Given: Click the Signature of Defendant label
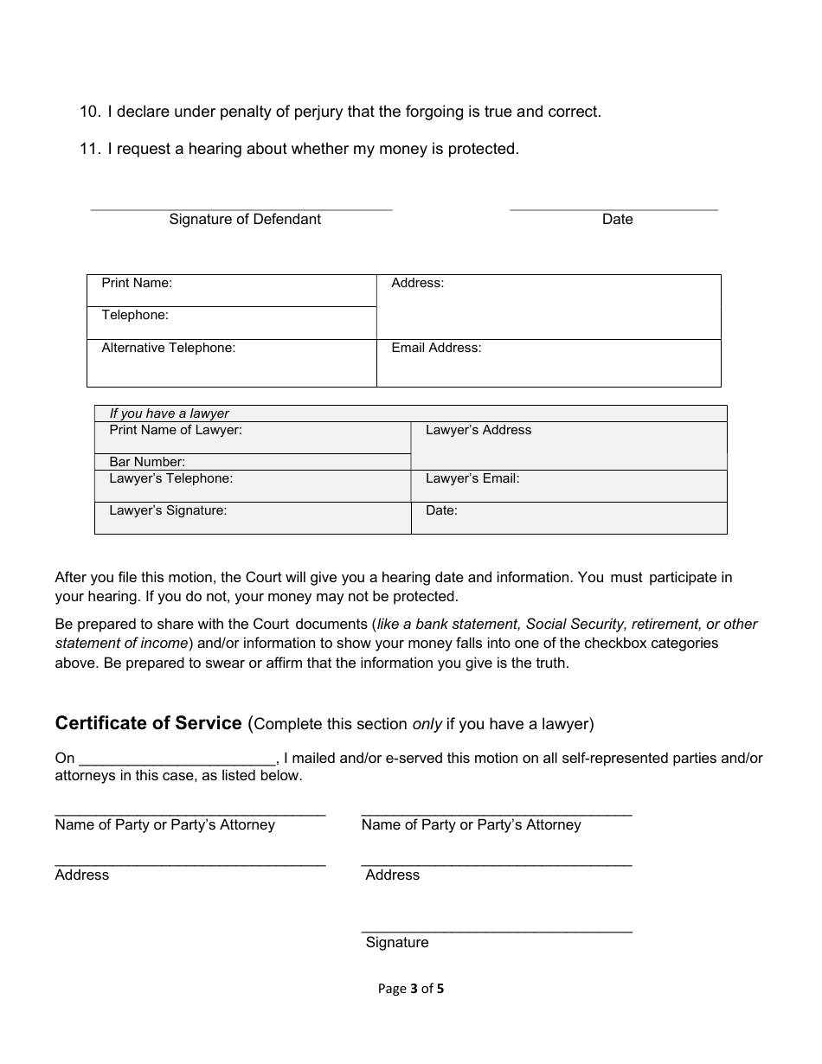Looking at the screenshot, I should click(x=245, y=220).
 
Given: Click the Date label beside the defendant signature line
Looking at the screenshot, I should click(x=617, y=220).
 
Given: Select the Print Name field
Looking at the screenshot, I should click(x=231, y=291).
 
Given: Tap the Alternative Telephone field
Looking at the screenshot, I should click(x=231, y=363).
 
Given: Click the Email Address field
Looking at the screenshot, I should click(x=548, y=363).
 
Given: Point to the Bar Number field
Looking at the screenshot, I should click(x=252, y=462).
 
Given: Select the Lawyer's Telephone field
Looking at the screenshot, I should click(x=252, y=486).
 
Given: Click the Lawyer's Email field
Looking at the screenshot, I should click(x=568, y=486).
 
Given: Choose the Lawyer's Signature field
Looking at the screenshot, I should click(x=252, y=518).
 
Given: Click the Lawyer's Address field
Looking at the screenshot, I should click(x=568, y=446).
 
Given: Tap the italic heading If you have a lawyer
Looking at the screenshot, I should click(x=169, y=413).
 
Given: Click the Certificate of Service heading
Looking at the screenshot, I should click(x=148, y=723).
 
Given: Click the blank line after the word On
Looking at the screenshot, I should click(x=177, y=759).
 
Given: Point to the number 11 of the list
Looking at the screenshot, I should click(x=88, y=149).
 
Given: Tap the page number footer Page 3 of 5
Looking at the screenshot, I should click(x=410, y=989).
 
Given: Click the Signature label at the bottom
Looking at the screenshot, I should click(x=396, y=943).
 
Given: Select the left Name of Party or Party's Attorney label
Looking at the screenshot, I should click(x=164, y=825).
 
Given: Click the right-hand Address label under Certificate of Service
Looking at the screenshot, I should click(x=392, y=875).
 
